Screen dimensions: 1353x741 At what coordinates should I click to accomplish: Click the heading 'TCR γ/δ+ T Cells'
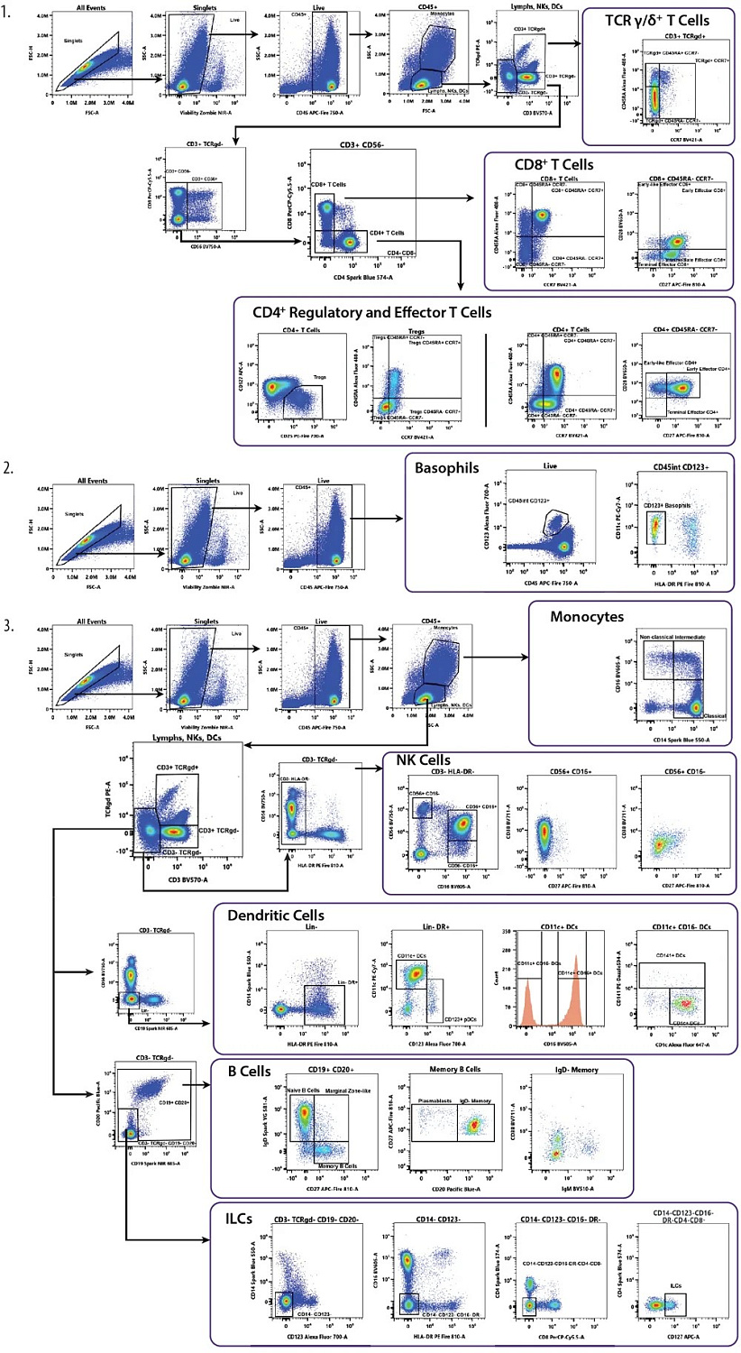[x=657, y=20]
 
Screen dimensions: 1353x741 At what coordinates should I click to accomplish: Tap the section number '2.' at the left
[x=9, y=469]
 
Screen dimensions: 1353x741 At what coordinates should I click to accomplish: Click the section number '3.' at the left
[x=9, y=621]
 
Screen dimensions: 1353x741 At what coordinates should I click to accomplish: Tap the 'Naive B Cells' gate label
[x=305, y=1091]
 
